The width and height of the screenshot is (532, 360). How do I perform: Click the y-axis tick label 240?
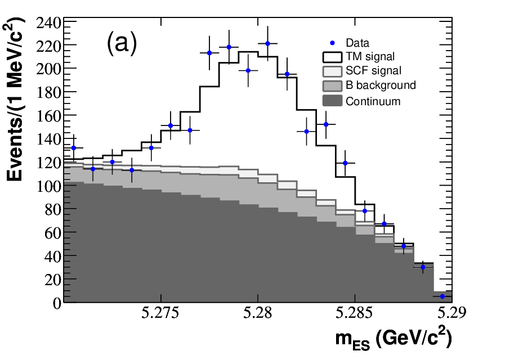click(x=49, y=24)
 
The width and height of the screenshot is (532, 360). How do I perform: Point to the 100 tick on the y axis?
click(x=49, y=186)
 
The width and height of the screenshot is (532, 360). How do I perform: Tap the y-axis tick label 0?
click(x=57, y=303)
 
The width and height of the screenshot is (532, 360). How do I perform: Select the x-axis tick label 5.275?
click(x=160, y=313)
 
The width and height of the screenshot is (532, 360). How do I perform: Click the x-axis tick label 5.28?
click(x=257, y=313)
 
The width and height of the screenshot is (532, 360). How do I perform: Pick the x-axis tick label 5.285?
click(x=354, y=313)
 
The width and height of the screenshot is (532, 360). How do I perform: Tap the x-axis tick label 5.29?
click(x=451, y=313)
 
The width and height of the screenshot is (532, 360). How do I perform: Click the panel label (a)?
click(x=122, y=43)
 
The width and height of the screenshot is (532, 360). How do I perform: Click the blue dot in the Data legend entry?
click(x=333, y=43)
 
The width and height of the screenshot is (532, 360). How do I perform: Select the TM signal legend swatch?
click(x=332, y=57)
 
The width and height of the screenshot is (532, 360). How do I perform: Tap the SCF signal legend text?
click(x=373, y=70)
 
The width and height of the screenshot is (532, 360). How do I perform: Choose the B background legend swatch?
click(x=332, y=85)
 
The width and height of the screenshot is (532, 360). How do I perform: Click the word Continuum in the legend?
click(x=373, y=101)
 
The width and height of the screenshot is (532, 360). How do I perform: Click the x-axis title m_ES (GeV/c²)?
click(x=394, y=339)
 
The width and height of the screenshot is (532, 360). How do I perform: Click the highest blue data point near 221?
click(x=267, y=43)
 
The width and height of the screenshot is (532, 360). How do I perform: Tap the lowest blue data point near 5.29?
click(x=442, y=296)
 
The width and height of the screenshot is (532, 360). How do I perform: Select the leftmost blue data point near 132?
click(x=73, y=148)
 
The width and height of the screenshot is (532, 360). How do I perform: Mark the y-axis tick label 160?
click(x=49, y=116)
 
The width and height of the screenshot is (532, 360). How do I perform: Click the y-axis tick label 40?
click(x=53, y=256)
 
